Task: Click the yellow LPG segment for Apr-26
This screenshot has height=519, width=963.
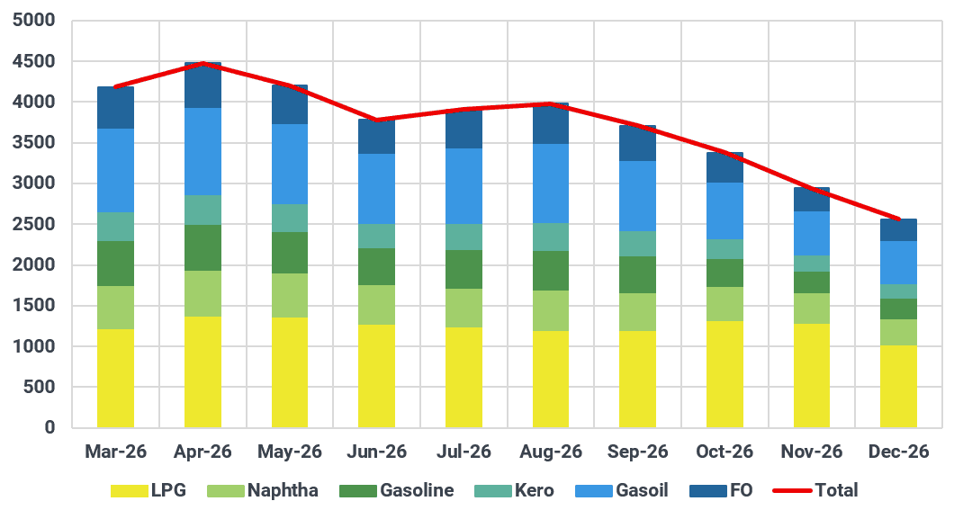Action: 202,371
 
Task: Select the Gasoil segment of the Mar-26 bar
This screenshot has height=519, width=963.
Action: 115,171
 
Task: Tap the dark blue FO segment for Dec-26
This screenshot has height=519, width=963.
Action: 898,230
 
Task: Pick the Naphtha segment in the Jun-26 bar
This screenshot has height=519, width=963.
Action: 376,305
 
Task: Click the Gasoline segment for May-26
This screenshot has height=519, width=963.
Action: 290,253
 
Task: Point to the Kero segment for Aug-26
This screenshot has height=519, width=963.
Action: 551,237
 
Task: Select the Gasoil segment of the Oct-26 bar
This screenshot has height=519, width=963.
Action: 724,211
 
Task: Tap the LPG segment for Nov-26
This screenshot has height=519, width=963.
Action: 812,375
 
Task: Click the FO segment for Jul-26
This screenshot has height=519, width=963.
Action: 463,129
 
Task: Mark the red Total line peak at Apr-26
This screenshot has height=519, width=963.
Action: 202,63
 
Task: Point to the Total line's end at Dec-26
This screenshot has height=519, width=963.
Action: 899,219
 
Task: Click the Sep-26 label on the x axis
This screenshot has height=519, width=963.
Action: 637,452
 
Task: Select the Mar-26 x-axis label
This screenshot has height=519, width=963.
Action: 115,452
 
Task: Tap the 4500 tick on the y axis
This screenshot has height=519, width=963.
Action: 34,61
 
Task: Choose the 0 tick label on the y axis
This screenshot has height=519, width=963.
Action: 49,427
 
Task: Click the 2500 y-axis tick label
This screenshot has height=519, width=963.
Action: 34,224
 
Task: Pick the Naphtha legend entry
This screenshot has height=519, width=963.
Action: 263,491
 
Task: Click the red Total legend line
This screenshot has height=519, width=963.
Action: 792,491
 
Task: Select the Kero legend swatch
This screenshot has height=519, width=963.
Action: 493,491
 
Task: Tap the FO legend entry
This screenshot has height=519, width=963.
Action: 721,491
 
